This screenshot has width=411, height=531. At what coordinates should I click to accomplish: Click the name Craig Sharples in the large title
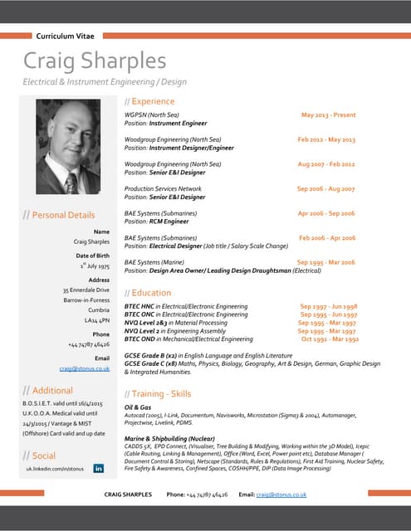pos(95,61)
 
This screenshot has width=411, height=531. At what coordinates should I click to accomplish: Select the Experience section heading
pos(149,101)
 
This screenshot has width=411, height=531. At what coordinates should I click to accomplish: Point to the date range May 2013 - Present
pos(328,114)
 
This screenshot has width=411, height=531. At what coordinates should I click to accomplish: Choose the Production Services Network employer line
pos(163,189)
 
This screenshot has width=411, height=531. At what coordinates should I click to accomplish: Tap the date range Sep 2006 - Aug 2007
pos(325,189)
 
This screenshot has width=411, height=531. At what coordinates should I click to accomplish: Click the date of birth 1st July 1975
pos(94,267)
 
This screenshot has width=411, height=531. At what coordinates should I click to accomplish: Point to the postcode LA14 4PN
pos(96,319)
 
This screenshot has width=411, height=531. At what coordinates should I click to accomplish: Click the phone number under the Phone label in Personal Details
pos(88,343)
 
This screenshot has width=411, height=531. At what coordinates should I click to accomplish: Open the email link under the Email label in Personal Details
pos(85,368)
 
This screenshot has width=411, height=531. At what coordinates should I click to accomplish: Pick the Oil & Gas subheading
pos(137,408)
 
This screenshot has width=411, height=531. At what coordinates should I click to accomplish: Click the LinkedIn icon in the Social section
pos(99,469)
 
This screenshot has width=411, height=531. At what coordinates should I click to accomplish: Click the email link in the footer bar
pos(281,494)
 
